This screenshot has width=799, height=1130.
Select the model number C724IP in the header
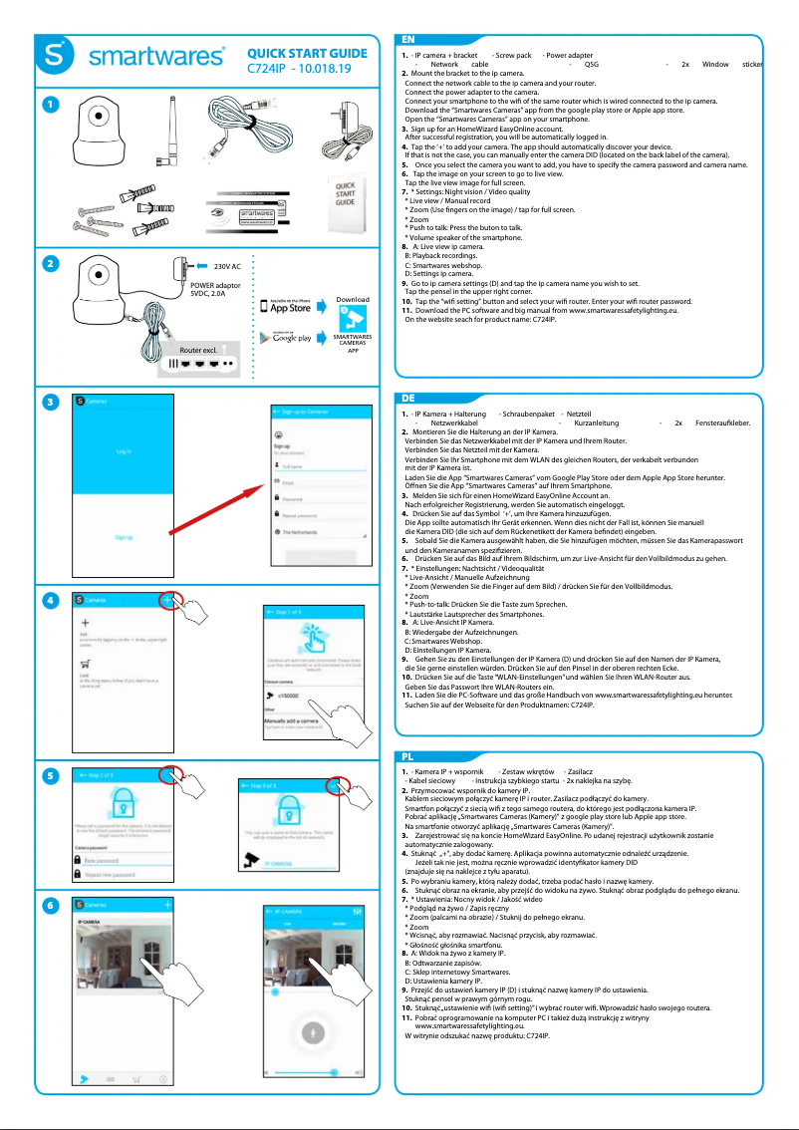268,69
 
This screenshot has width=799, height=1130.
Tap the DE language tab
409,397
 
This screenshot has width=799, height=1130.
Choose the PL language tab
408,757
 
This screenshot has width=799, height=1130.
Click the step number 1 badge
45,103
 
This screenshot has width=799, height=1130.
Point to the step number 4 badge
45,601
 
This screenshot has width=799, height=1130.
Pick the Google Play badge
286,338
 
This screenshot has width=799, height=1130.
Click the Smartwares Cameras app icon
352,320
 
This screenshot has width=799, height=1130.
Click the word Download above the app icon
352,299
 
